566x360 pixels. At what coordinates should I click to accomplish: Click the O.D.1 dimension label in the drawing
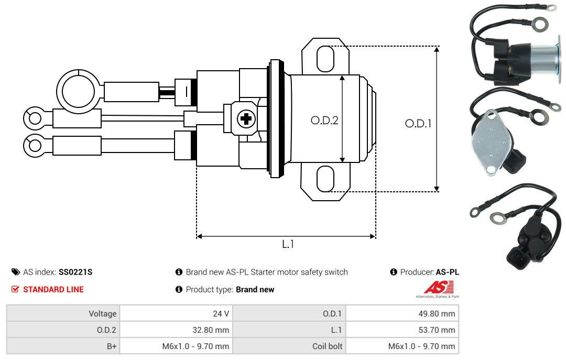point(418,124)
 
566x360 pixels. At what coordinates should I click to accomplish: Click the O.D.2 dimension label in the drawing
point(324,120)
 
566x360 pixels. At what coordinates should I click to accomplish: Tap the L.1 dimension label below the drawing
point(288,244)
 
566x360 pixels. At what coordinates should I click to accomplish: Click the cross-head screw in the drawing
point(245,119)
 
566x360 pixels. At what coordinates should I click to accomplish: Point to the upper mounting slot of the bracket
point(325,58)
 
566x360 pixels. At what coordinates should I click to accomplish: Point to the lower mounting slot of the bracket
point(325,179)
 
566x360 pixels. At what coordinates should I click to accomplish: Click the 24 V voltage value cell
point(176,313)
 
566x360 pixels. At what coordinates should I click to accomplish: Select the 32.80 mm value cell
point(176,330)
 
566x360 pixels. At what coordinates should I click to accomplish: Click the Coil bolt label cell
point(289,346)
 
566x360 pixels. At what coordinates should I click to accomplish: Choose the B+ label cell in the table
point(63,346)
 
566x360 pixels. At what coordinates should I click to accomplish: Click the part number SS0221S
point(75,272)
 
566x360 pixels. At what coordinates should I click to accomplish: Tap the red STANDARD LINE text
point(53,289)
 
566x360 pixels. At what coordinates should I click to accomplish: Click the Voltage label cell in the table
point(63,313)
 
